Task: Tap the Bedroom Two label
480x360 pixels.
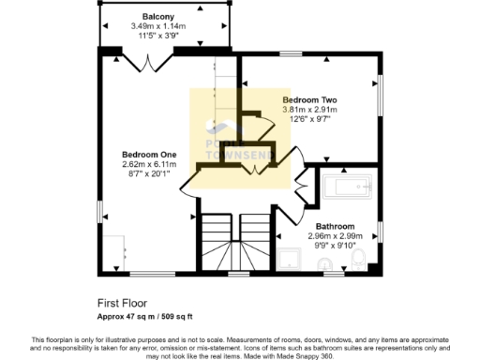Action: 310,99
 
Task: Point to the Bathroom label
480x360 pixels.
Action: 335,227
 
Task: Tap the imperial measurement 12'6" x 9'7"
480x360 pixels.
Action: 310,120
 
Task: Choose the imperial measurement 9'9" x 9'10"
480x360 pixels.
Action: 335,247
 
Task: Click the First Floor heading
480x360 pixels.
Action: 123,303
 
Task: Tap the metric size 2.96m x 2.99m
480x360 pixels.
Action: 335,237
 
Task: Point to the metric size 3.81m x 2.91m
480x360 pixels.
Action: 310,110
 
